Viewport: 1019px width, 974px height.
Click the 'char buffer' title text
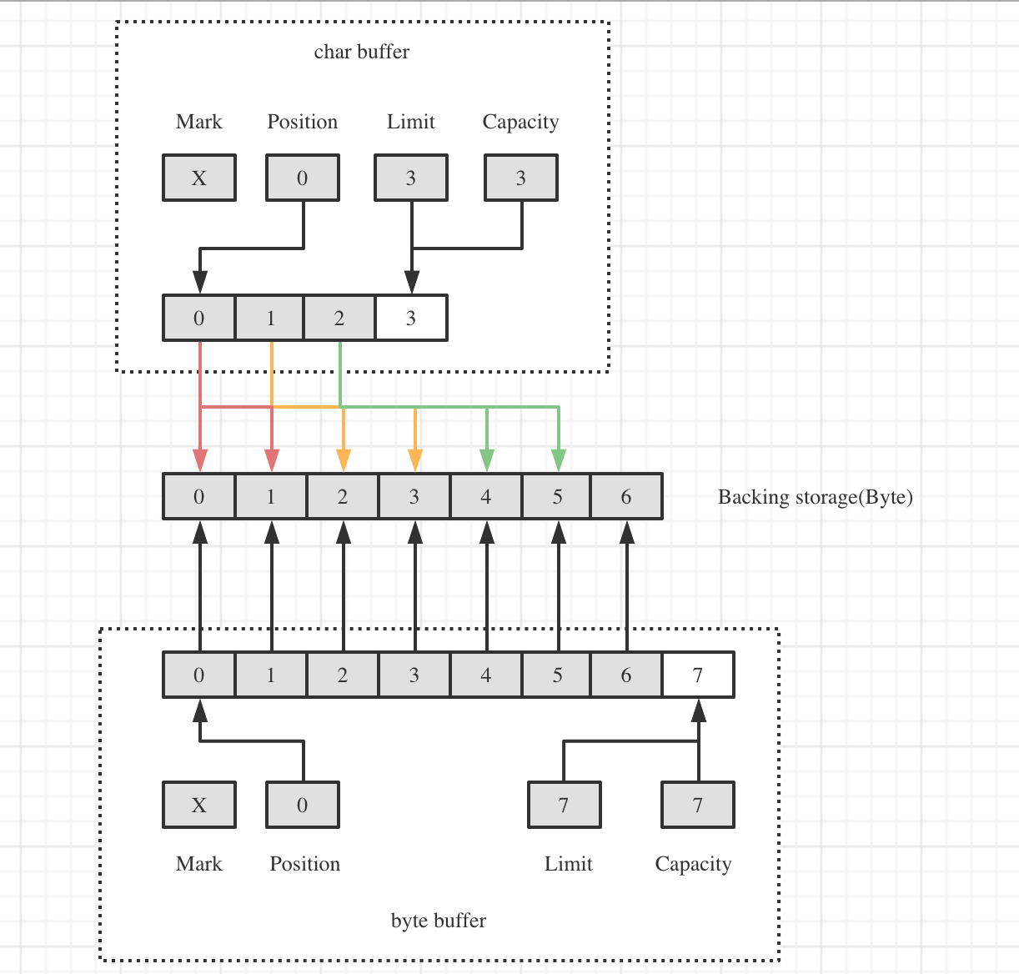[361, 52]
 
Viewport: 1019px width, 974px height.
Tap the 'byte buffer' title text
[438, 921]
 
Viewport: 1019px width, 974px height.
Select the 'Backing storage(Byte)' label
[815, 497]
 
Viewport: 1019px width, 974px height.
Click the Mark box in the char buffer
[199, 178]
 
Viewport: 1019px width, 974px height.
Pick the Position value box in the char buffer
[303, 178]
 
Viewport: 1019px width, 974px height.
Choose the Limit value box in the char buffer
[411, 178]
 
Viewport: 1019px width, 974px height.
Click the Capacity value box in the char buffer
[521, 178]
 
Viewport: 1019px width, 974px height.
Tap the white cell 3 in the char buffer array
[411, 318]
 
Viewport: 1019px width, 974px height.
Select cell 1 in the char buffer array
[270, 318]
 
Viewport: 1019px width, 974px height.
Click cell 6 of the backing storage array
[626, 497]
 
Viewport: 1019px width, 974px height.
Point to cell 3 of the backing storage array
[414, 497]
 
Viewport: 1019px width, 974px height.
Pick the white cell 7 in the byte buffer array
[698, 675]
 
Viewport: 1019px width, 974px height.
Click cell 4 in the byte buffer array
[486, 675]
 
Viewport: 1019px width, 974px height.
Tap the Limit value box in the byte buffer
[565, 805]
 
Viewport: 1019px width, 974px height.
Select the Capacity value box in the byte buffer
[698, 805]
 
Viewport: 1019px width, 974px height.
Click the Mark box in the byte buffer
[199, 805]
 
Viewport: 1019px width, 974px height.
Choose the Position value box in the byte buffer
[303, 805]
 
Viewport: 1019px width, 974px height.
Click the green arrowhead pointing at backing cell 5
[559, 460]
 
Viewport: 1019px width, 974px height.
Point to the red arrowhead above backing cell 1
[272, 460]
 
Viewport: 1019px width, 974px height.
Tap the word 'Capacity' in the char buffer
[520, 122]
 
